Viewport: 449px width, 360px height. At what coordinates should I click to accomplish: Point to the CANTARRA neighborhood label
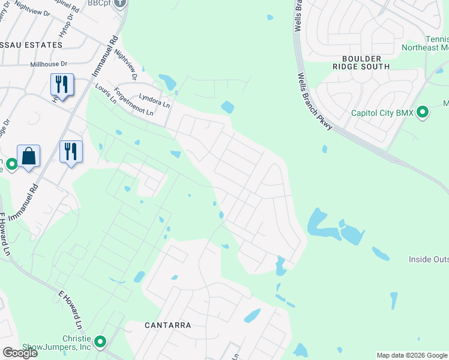[168, 325]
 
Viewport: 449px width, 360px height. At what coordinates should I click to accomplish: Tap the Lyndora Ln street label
[154, 100]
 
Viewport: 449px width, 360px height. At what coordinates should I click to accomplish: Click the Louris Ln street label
[106, 94]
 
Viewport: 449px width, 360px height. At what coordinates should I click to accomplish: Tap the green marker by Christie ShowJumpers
[100, 343]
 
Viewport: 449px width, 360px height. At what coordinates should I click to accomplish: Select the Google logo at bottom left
[19, 353]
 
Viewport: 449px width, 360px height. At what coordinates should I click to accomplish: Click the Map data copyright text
[412, 355]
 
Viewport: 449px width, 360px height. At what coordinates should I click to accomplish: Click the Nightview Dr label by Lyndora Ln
[125, 64]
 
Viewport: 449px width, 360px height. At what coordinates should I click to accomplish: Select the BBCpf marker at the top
[120, 3]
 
